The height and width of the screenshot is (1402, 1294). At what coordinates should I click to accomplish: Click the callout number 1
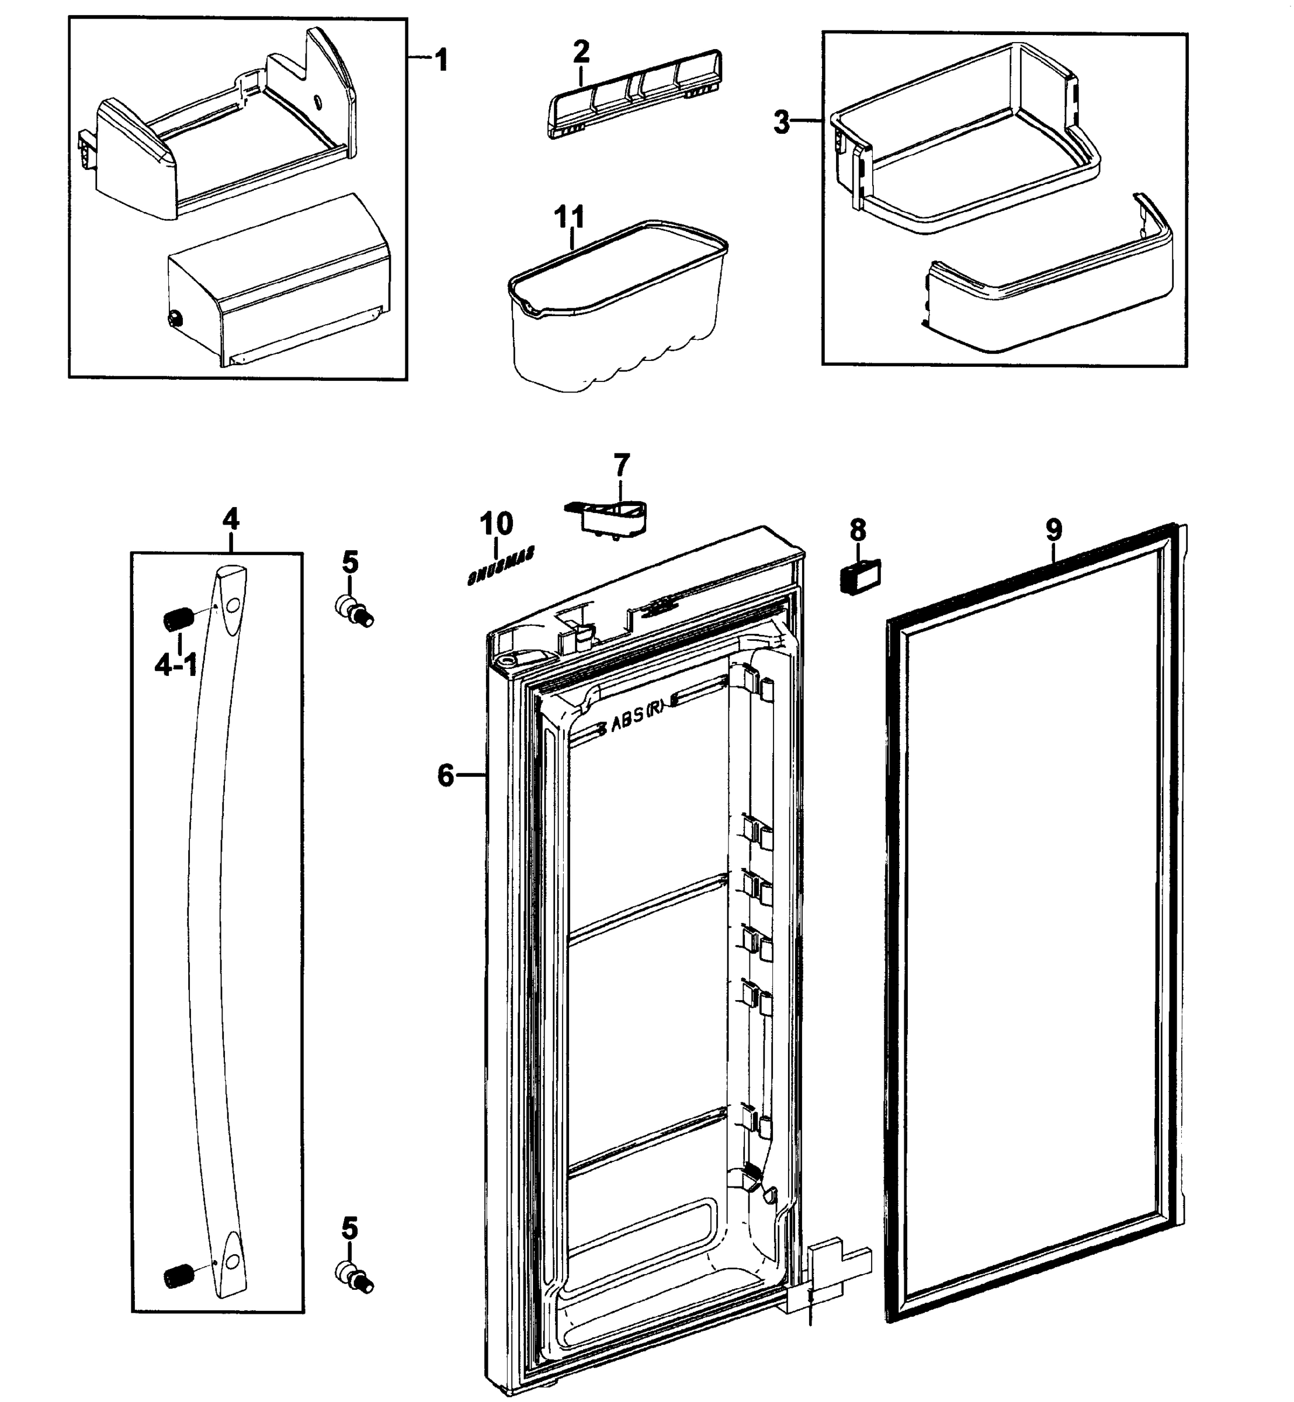pos(440,60)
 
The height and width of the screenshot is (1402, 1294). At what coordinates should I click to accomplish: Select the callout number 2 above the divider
pos(581,51)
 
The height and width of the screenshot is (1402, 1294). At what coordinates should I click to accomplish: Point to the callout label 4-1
pos(176,666)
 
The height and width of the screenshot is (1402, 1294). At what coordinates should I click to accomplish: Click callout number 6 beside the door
pos(446,775)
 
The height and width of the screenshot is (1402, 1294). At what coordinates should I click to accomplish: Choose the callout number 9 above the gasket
pos(1054,529)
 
